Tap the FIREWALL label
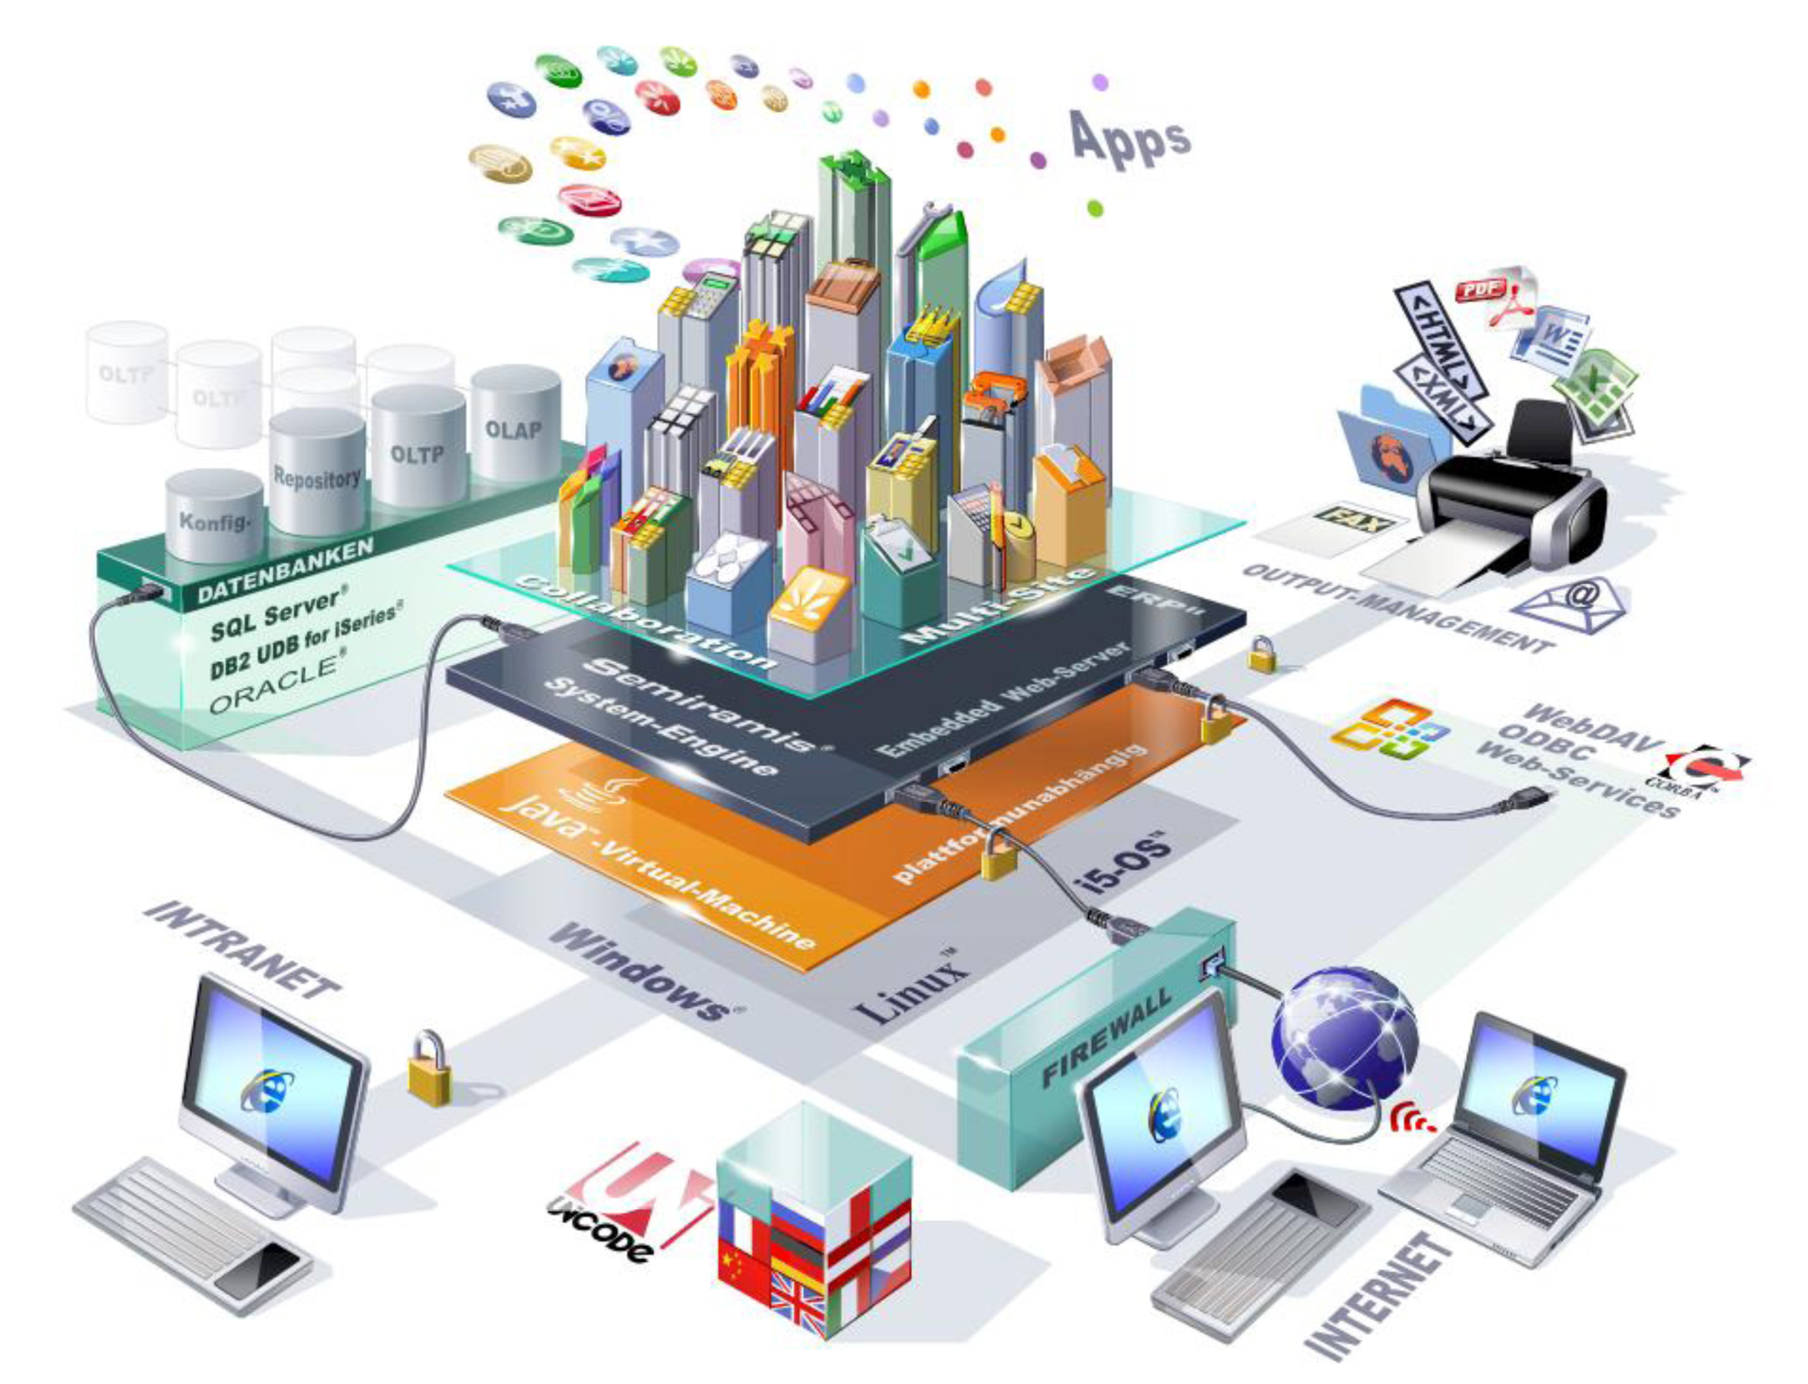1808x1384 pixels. pyautogui.click(x=1107, y=1037)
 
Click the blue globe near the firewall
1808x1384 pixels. pyautogui.click(x=1342, y=1037)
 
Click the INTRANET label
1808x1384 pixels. pyautogui.click(x=241, y=948)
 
